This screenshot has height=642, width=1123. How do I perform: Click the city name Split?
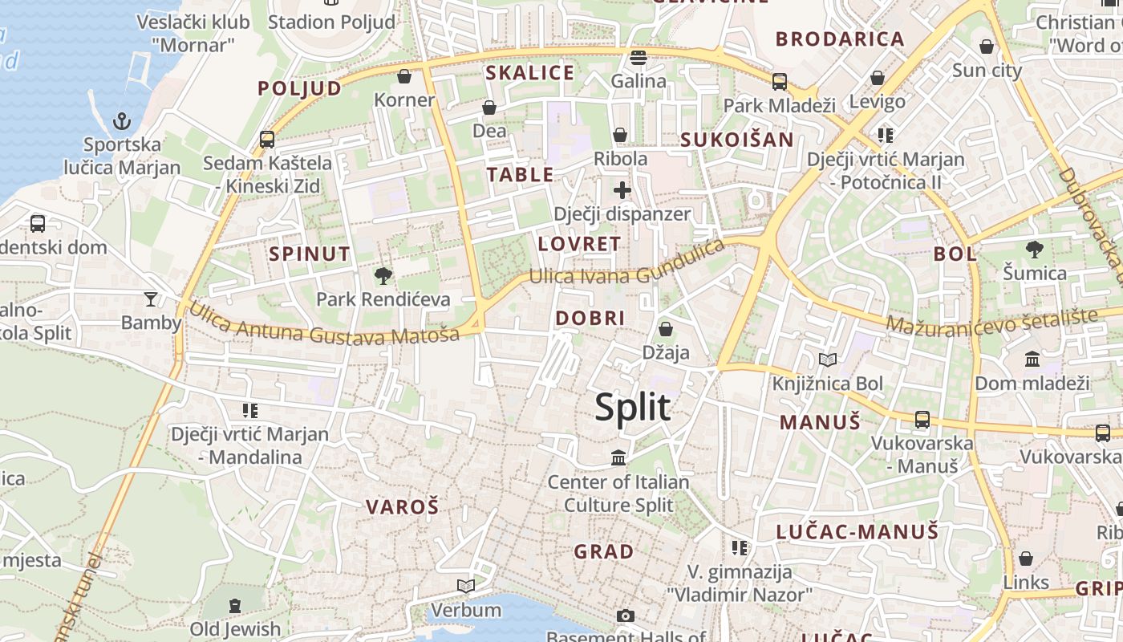pos(633,408)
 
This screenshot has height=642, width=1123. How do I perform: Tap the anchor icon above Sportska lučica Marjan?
pos(122,121)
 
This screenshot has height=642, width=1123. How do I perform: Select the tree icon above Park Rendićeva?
pos(383,276)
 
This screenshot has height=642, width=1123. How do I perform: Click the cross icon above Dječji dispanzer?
pos(622,190)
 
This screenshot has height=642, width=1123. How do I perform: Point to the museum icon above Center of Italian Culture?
pos(618,458)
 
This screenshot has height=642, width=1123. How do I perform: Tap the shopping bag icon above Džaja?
pos(665,329)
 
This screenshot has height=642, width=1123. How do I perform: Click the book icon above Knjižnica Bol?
pos(827,360)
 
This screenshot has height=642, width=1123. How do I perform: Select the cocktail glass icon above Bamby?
pos(151,299)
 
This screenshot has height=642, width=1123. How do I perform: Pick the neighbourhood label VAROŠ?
pos(403,507)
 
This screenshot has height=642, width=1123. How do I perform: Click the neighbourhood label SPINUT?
pos(310,254)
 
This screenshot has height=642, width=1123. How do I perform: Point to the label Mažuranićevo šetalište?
pos(991,321)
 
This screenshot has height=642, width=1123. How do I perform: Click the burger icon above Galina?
pos(639,57)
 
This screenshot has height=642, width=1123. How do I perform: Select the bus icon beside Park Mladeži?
pos(779,81)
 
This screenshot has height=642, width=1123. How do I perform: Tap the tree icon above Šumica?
pos(1035,250)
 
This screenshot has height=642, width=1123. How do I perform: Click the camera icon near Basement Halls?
pos(626,616)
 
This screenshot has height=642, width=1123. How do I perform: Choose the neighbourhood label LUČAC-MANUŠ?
pos(857,531)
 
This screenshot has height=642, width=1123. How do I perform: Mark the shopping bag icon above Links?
pos(1026,559)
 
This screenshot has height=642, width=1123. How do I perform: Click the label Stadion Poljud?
pos(331,22)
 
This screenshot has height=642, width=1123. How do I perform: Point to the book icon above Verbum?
pos(466,586)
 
